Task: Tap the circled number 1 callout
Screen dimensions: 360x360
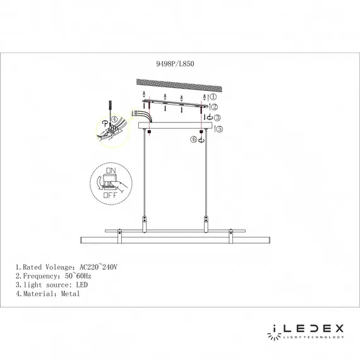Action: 213,97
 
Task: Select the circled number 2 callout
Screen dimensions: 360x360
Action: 213,107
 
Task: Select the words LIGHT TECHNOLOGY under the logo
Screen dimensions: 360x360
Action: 313,339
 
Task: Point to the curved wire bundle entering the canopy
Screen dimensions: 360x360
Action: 145,117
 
